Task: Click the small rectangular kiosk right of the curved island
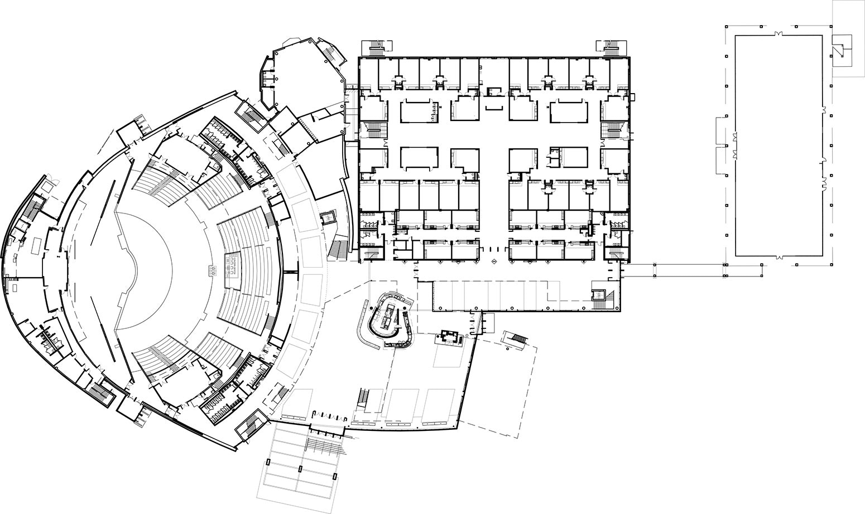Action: click(449, 337)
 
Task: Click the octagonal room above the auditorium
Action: click(301, 72)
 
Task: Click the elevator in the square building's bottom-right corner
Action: click(599, 293)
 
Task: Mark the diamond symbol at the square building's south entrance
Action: click(494, 261)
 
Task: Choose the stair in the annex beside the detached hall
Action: click(839, 47)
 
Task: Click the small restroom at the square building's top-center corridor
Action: click(494, 91)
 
